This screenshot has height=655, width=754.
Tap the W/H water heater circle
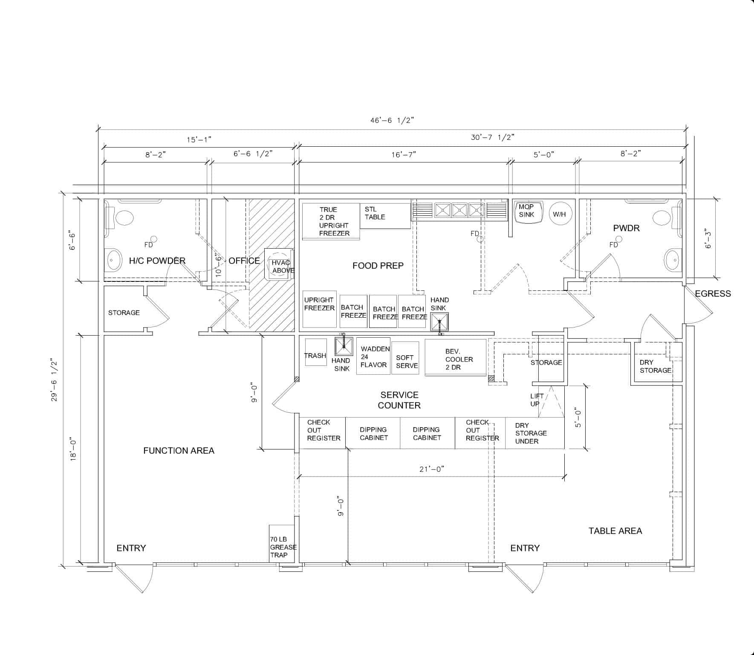click(560, 214)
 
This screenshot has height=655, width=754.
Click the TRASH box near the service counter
click(316, 352)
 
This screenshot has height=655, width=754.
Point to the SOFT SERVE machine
click(405, 358)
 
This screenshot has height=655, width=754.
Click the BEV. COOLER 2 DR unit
click(456, 357)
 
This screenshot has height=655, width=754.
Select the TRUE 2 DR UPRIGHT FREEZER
click(331, 221)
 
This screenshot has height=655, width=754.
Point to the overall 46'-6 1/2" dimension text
click(392, 120)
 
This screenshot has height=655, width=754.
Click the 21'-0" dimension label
click(432, 469)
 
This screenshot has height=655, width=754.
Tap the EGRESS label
click(713, 293)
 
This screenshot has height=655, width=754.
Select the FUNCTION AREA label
click(179, 450)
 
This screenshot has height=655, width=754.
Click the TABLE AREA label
click(615, 530)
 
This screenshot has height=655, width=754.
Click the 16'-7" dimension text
click(404, 154)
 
